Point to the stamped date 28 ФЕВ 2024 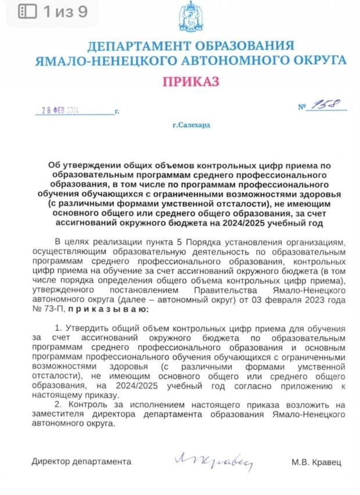60,110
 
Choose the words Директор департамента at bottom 81,462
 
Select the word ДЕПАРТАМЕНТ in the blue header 138,46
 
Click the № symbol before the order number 301,107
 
